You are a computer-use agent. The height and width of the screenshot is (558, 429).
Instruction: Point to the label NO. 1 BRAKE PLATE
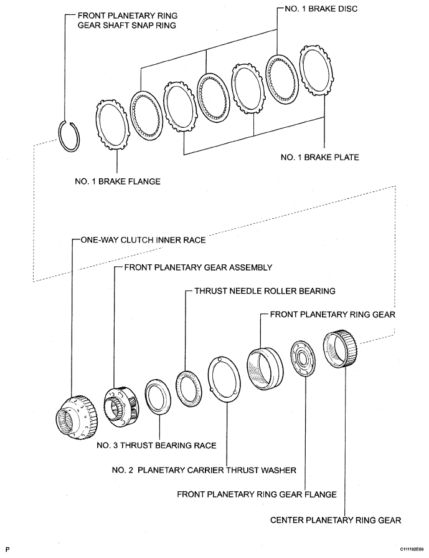319,157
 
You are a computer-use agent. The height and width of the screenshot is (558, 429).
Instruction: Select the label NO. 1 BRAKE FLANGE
117,181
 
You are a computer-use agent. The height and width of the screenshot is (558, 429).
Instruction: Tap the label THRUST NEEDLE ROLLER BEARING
265,291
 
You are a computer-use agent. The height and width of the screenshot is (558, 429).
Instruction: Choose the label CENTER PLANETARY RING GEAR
335,519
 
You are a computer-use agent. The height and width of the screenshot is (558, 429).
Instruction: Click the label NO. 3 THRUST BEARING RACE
156,445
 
